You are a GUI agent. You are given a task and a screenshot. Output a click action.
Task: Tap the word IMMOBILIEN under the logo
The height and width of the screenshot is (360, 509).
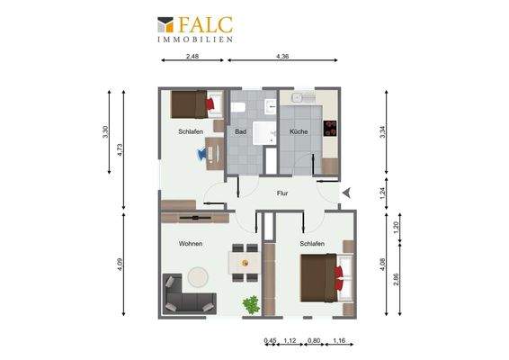coord(195,40)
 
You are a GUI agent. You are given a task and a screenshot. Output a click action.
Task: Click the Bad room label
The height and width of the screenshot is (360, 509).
coord(240,132)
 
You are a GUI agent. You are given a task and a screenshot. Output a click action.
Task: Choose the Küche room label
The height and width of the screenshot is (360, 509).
coord(299,132)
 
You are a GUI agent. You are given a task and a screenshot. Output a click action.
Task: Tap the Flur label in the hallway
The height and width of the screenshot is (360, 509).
coord(281,193)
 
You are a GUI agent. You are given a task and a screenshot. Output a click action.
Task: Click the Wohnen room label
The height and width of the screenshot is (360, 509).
coord(190,244)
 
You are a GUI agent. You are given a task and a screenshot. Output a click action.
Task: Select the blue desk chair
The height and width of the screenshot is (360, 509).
coord(201,154)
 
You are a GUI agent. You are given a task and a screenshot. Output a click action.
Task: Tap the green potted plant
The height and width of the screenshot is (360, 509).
coord(250,304)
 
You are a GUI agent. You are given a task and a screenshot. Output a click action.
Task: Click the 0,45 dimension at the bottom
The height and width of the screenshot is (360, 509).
coord(270,340)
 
